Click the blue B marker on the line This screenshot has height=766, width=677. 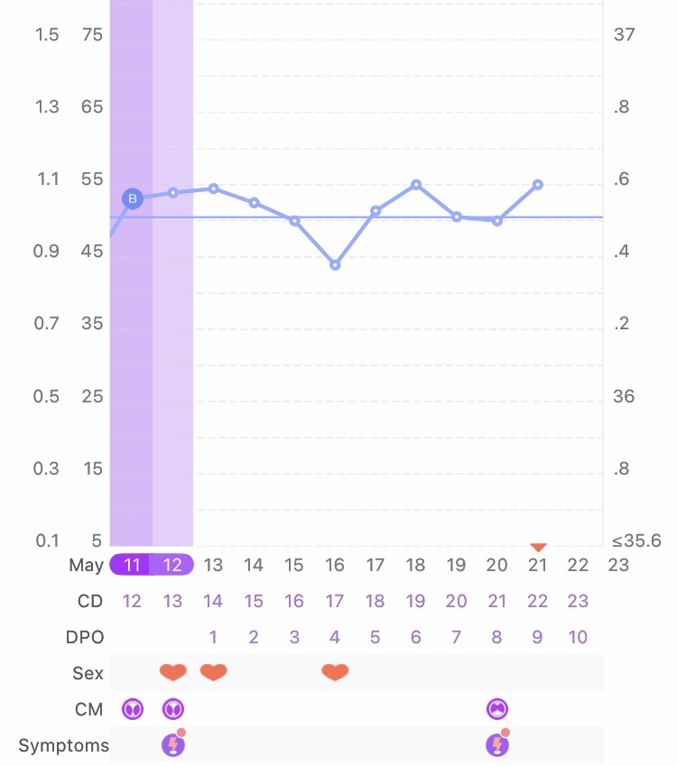point(133,198)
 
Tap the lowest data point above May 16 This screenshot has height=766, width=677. point(335,265)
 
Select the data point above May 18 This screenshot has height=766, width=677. point(416,184)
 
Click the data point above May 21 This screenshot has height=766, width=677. point(538,184)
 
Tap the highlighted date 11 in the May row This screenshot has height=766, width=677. point(132,565)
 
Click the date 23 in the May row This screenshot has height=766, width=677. point(618,565)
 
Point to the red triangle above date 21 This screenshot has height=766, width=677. point(538,546)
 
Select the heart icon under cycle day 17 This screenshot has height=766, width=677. point(335,672)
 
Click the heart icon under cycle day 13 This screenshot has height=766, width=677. point(172,672)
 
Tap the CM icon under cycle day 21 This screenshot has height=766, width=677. point(496,709)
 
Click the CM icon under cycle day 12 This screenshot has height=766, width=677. point(133,709)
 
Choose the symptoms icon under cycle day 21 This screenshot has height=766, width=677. point(496,744)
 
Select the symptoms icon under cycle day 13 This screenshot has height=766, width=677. point(172,744)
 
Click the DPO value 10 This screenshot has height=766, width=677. point(578,637)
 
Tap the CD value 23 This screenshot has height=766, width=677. point(578,601)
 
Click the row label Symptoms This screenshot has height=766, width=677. point(63,745)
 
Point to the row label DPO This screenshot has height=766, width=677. point(86,637)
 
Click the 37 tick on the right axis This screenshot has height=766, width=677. point(624,34)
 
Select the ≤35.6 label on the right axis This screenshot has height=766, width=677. point(636,541)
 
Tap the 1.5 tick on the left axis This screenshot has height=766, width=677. point(47,34)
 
